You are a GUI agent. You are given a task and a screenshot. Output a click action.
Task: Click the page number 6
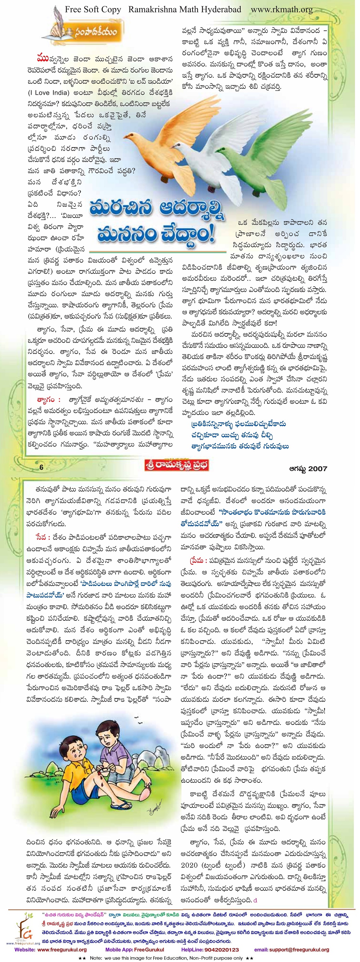tap(41, 467)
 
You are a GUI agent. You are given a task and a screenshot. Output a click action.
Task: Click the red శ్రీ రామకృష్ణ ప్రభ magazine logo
tap(176, 465)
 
